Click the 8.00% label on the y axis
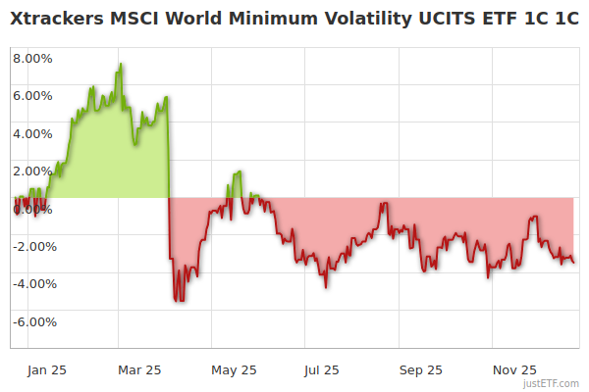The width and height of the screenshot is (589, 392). point(32,58)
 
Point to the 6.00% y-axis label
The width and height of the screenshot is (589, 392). point(32,96)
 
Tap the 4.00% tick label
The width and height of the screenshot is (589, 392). point(32,133)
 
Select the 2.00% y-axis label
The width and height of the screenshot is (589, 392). point(32,171)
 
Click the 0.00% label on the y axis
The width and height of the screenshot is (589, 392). point(32,209)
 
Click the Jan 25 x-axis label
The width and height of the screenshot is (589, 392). point(46,370)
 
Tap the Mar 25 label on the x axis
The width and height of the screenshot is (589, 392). point(138,370)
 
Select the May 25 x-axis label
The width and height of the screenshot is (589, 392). point(234,370)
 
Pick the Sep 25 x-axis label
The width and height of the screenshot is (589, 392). point(420,370)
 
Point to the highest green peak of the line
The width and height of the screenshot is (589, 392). point(121,65)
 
